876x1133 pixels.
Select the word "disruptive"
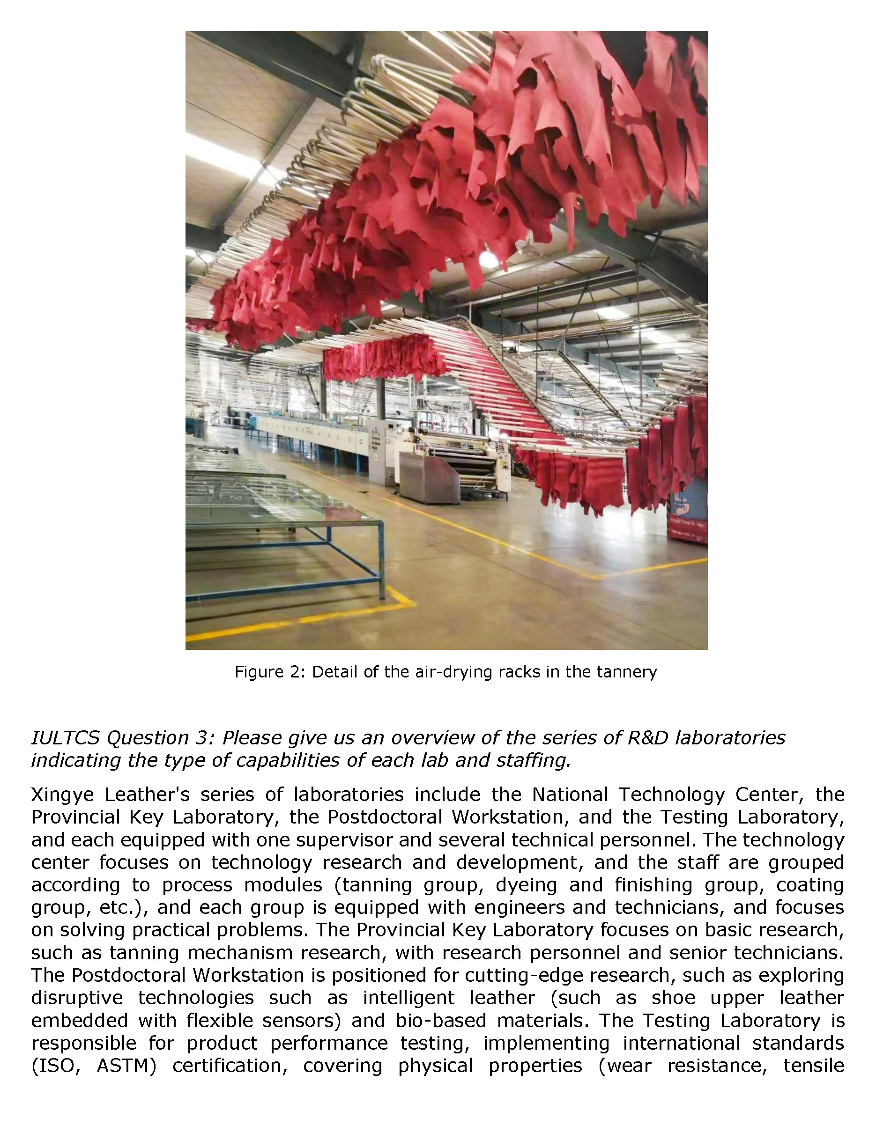tap(77, 998)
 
